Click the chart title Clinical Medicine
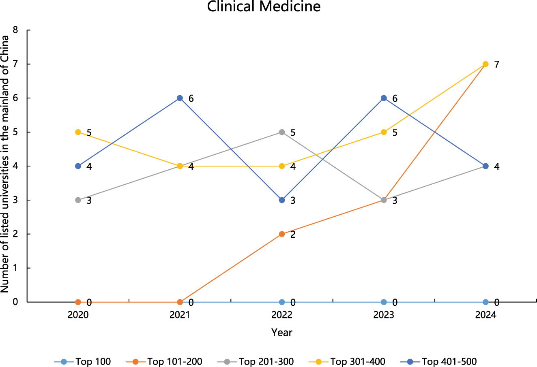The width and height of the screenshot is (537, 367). click(x=264, y=7)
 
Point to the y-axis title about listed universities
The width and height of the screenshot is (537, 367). click(x=5, y=164)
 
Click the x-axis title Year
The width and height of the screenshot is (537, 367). click(x=281, y=333)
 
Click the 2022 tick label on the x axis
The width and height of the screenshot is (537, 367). click(x=281, y=315)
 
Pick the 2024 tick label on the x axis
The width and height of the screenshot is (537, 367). click(x=485, y=315)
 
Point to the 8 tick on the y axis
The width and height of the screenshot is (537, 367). click(x=15, y=30)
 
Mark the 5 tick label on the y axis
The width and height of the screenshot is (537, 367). click(x=15, y=132)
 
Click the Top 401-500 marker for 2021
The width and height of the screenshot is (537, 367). click(x=180, y=98)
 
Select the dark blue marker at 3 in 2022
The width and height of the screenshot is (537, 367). click(x=282, y=200)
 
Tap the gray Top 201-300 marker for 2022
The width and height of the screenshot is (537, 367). click(x=282, y=132)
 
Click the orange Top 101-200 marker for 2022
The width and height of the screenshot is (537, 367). click(x=282, y=234)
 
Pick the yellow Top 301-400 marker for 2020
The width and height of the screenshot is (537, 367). click(x=78, y=132)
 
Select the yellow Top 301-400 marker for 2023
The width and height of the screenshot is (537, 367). click(x=384, y=132)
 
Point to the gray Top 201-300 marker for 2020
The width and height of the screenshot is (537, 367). click(x=78, y=200)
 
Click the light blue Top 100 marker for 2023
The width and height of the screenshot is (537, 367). click(x=384, y=302)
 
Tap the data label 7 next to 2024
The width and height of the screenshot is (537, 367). click(x=496, y=64)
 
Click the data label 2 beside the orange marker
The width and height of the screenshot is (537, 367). click(x=293, y=235)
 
